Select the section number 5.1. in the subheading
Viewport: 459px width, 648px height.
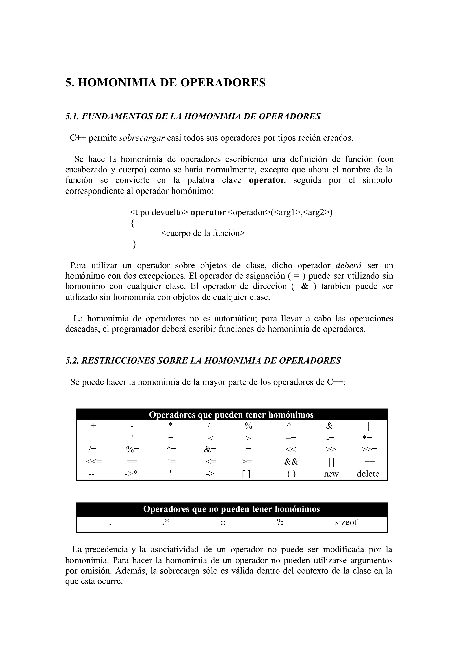click(x=73, y=116)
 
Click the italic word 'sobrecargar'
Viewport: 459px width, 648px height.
click(x=142, y=138)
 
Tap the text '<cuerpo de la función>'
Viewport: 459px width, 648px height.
click(x=203, y=233)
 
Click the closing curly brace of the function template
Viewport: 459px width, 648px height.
click(x=134, y=244)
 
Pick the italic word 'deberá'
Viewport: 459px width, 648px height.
click(x=348, y=265)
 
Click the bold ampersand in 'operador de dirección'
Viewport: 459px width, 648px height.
click(x=305, y=286)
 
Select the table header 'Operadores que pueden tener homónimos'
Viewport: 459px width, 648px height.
click(x=231, y=415)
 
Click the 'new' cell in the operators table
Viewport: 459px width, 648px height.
click(x=331, y=474)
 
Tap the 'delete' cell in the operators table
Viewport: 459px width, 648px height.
click(x=368, y=474)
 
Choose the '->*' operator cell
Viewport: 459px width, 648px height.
click(x=131, y=474)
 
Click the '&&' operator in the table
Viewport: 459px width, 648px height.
click(x=291, y=462)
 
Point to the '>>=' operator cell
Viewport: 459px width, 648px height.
click(x=369, y=449)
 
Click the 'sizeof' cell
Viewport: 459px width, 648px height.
click(x=346, y=522)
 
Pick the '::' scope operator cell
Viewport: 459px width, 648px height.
click(x=223, y=523)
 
